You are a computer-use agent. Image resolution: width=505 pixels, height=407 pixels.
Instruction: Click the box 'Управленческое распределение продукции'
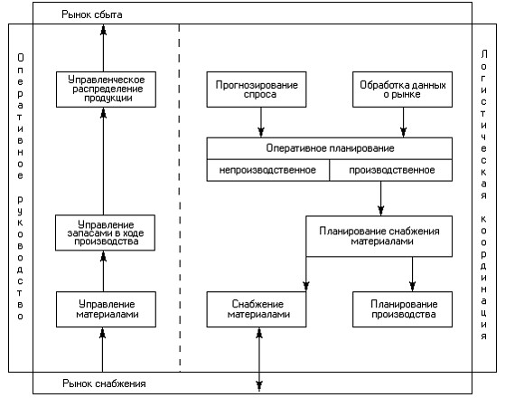[106, 90]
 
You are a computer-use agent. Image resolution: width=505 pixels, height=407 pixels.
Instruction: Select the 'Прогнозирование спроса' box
[257, 90]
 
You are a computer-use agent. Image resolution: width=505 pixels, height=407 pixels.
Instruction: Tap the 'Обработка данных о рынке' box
[403, 90]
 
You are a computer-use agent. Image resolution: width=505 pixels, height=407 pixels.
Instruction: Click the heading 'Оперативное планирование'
[330, 148]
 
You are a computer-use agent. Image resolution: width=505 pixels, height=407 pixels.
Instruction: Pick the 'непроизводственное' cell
[268, 170]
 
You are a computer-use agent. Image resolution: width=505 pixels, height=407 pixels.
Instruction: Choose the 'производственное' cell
[391, 170]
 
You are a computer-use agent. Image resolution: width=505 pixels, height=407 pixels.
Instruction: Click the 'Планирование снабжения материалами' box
[379, 236]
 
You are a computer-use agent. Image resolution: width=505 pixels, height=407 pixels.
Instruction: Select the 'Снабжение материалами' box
[257, 309]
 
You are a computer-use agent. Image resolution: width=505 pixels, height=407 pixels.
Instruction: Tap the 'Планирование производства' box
[403, 309]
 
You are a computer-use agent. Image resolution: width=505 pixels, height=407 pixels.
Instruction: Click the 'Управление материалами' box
[106, 309]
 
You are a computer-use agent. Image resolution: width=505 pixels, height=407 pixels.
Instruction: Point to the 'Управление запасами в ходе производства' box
[105, 232]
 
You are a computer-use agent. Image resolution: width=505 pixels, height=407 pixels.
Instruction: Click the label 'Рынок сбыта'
[92, 14]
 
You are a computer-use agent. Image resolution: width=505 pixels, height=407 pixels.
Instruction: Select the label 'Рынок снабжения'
[104, 383]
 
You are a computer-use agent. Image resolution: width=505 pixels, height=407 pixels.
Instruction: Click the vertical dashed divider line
[180, 198]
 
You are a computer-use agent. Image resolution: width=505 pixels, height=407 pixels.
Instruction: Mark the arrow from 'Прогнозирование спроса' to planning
[261, 122]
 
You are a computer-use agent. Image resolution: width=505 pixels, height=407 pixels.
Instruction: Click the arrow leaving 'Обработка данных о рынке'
[403, 122]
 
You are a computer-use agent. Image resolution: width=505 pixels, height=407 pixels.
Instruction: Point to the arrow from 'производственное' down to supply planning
[380, 198]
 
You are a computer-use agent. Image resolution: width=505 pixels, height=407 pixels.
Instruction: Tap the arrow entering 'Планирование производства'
[412, 274]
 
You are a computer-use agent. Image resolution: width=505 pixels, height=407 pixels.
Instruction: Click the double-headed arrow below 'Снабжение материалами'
[259, 360]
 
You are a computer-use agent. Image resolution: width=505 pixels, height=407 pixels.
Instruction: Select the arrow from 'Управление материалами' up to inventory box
[103, 271]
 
